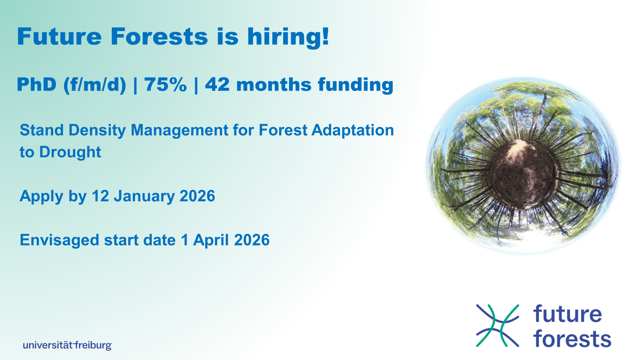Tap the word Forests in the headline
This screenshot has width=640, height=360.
(x=159, y=36)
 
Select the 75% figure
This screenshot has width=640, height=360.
(x=165, y=85)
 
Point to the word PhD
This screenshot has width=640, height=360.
(x=36, y=85)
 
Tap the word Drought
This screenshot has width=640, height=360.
(x=70, y=152)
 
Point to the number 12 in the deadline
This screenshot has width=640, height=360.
(x=100, y=196)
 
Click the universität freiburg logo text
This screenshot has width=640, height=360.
(x=67, y=345)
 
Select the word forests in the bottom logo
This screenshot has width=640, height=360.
(x=572, y=338)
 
